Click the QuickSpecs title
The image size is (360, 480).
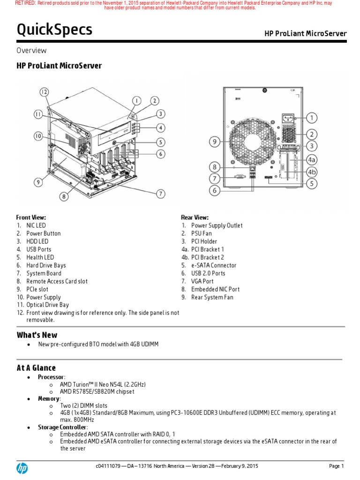pyautogui.click(x=54, y=30)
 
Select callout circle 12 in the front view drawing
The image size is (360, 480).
pyautogui.click(x=44, y=92)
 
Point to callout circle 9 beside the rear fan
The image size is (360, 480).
pyautogui.click(x=215, y=141)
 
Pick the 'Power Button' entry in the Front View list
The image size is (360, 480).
pyautogui.click(x=43, y=233)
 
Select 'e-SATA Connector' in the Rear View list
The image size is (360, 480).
pyautogui.click(x=213, y=265)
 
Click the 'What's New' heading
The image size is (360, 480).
pyautogui.click(x=37, y=335)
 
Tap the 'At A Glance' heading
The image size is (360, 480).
pyautogui.click(x=36, y=368)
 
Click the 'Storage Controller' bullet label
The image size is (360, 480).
pyautogui.click(x=59, y=427)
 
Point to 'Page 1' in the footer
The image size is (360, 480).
pyautogui.click(x=336, y=466)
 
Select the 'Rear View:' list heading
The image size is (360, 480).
pyautogui.click(x=195, y=217)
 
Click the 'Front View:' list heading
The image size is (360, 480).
pyautogui.click(x=31, y=217)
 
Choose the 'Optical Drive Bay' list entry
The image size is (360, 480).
pyautogui.click(x=47, y=305)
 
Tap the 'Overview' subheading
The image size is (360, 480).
pyautogui.click(x=31, y=51)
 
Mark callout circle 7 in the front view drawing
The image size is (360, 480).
pyautogui.click(x=161, y=193)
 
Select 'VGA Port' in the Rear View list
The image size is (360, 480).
pyautogui.click(x=202, y=281)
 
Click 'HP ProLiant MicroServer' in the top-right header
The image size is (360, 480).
pyautogui.click(x=305, y=33)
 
